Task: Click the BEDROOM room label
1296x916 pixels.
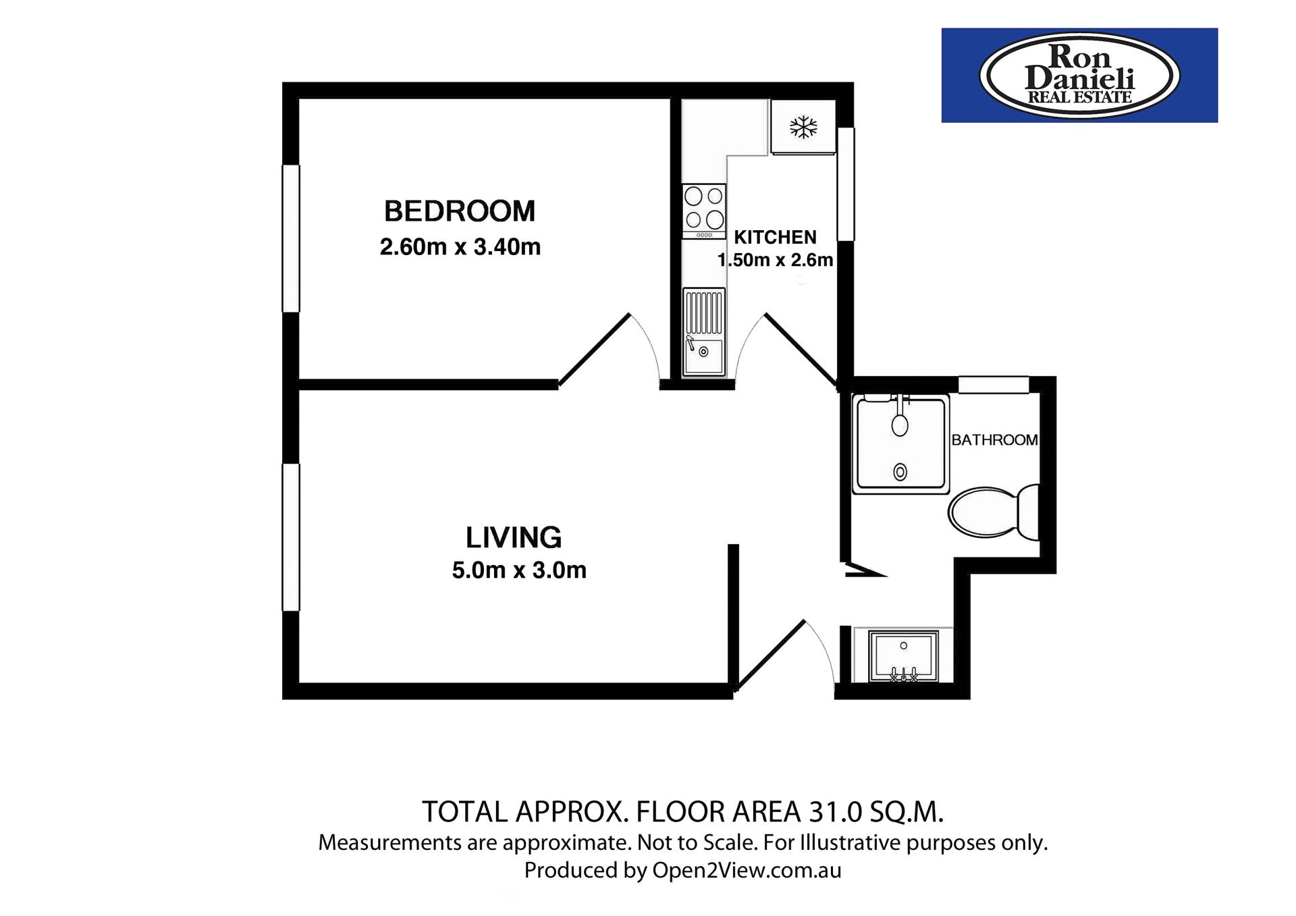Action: [x=460, y=211]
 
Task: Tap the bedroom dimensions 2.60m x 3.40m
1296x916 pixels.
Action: [x=460, y=247]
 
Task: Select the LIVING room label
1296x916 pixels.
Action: [x=514, y=538]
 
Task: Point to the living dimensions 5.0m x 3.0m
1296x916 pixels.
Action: [x=519, y=570]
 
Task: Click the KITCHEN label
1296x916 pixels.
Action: [x=775, y=238]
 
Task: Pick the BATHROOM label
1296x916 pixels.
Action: [x=994, y=440]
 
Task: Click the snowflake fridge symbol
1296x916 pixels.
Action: [x=803, y=127]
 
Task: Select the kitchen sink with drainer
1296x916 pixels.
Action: [x=704, y=332]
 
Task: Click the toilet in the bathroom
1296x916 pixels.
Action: [x=994, y=512]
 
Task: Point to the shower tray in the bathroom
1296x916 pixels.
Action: [x=900, y=443]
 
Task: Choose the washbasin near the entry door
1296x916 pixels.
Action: [x=903, y=655]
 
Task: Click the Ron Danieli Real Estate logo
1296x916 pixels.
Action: [x=1079, y=76]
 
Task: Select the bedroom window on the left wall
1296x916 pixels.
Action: [x=291, y=238]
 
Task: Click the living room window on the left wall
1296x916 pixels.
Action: [x=291, y=537]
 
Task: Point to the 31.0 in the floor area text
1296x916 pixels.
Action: [x=836, y=812]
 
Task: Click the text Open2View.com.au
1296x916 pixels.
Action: [x=747, y=871]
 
